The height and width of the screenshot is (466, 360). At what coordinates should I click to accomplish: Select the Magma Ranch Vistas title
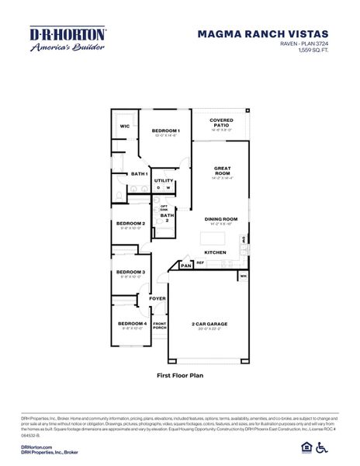(262, 34)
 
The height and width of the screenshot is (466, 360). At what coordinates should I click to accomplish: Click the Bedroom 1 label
(165, 130)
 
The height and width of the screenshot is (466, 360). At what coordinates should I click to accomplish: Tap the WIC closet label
(124, 126)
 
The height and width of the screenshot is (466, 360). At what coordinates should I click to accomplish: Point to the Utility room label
(164, 180)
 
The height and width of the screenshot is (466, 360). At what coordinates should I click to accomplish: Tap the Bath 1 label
(140, 174)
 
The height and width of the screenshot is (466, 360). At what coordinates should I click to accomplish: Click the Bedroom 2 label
(131, 224)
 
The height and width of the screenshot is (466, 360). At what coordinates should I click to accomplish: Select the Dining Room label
(220, 219)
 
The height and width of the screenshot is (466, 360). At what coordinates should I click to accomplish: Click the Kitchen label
(216, 252)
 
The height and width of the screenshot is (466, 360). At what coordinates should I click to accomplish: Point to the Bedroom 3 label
(131, 272)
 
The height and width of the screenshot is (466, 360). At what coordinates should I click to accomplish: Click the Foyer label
(157, 298)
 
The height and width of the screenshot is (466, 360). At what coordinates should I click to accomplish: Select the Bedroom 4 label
(132, 323)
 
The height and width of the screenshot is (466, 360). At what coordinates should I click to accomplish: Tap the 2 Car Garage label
(209, 324)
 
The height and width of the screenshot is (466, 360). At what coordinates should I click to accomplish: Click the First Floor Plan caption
(180, 374)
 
